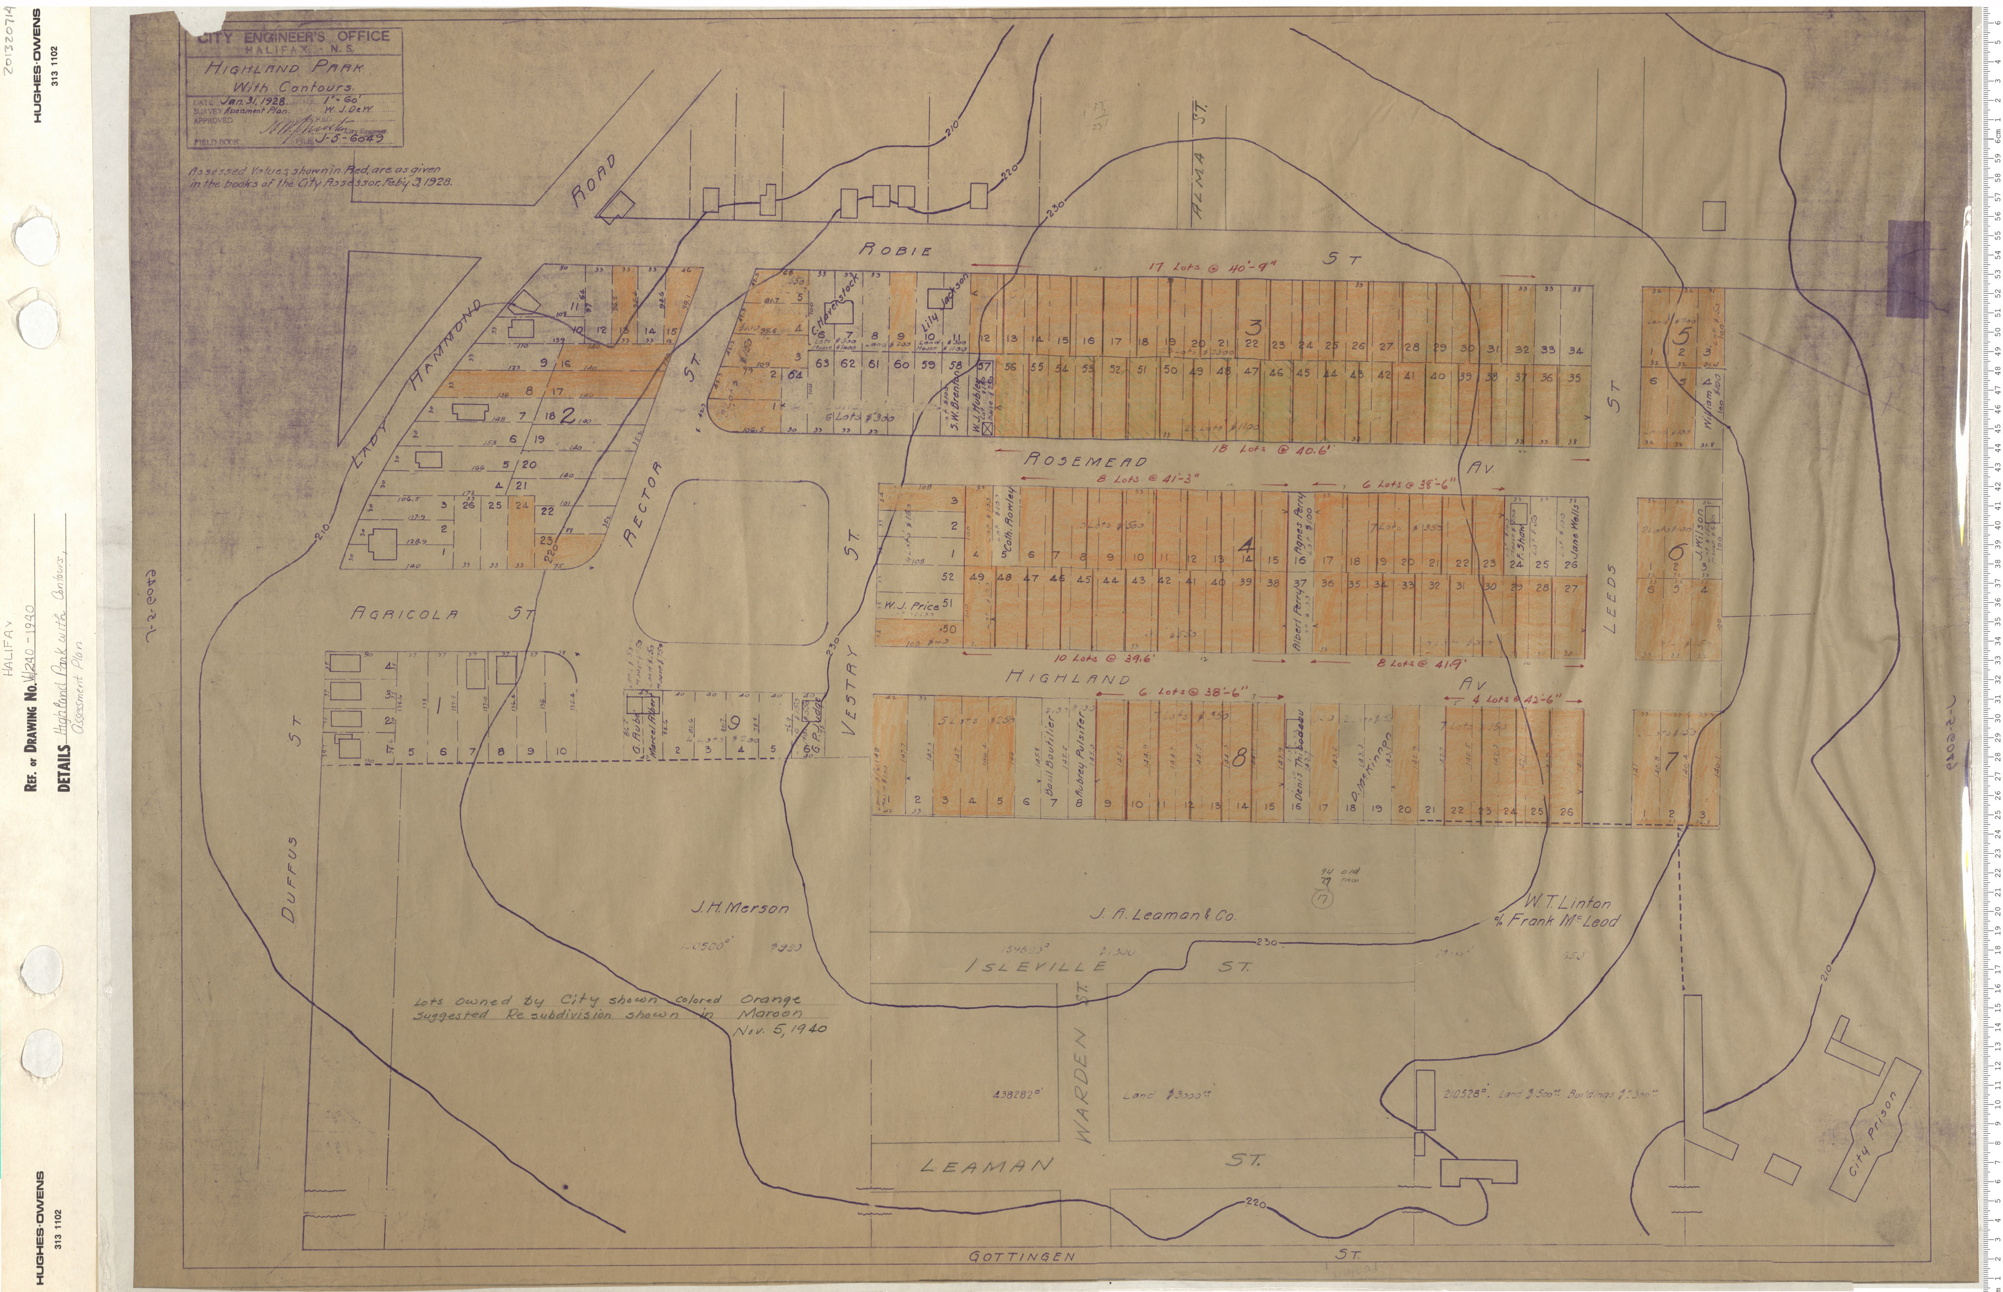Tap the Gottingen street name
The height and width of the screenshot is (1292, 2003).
pyautogui.click(x=1021, y=1256)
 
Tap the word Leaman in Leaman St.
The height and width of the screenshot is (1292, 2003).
pyautogui.click(x=986, y=1165)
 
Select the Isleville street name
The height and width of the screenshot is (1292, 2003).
pyautogui.click(x=1034, y=967)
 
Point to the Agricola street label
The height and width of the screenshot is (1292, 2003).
pyautogui.click(x=404, y=614)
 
